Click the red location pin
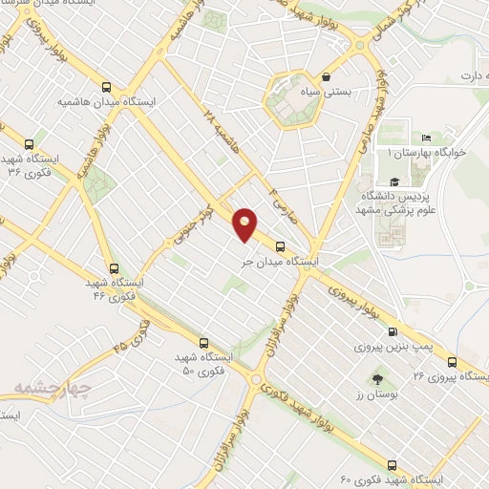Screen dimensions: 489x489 point(245,224)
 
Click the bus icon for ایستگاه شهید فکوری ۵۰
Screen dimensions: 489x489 point(202,343)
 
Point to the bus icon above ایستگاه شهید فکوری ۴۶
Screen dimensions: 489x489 point(115,268)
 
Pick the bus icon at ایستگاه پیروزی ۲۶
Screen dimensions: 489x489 point(451,362)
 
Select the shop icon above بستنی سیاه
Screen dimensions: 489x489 point(328,77)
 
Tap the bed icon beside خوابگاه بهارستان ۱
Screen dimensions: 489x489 point(425,138)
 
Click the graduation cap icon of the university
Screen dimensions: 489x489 point(393,181)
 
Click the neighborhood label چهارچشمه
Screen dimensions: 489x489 point(50,388)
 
